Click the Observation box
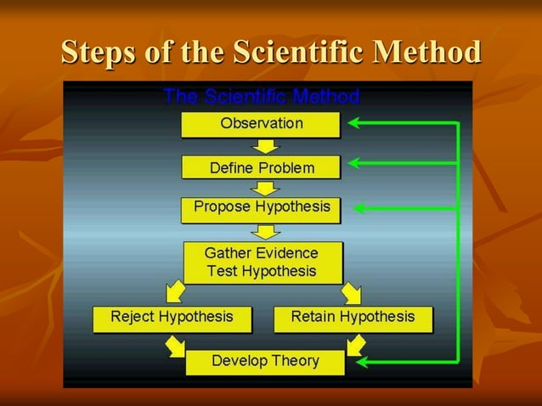click(261, 124)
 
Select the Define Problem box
click(261, 167)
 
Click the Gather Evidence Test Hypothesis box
click(263, 262)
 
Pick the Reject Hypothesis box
click(172, 318)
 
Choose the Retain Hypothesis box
click(353, 318)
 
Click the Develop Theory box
click(265, 362)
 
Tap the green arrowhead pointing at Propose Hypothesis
click(360, 207)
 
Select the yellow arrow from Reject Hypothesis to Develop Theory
click(175, 345)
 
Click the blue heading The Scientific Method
click(261, 95)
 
